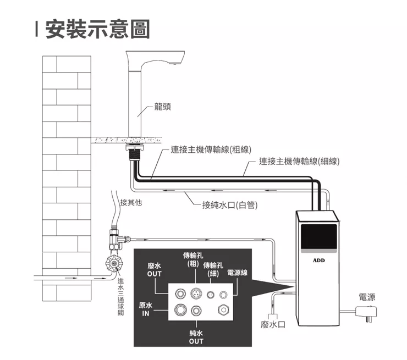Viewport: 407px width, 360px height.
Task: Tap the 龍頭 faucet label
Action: pos(162,107)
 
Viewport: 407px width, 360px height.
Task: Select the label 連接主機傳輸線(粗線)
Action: pos(211,149)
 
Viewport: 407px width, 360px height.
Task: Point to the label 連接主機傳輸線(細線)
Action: pos(299,161)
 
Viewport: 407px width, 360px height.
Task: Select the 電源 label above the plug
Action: pos(367,297)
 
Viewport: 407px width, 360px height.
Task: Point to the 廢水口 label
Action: pos(273,325)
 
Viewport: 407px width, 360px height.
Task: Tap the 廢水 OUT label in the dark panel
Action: pos(155,269)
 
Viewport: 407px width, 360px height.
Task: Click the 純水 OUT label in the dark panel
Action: pos(196,337)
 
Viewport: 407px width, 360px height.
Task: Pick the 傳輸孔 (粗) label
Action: pos(193,259)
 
